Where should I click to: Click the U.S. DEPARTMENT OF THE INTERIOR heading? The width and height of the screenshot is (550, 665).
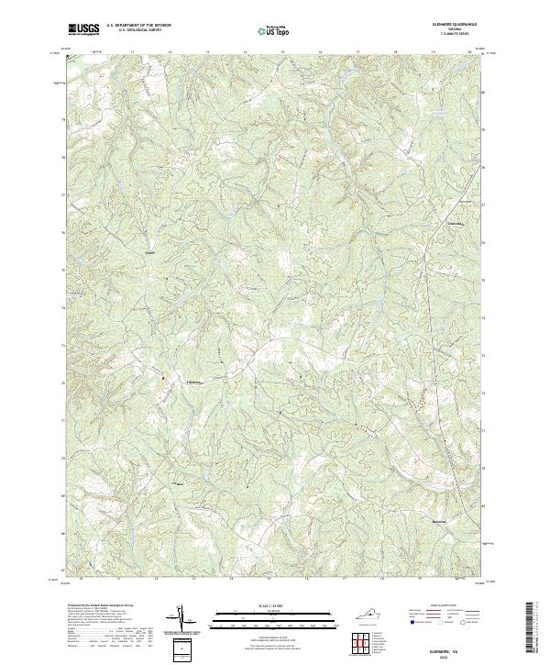(x=138, y=27)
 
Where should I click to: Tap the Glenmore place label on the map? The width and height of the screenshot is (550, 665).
(x=194, y=382)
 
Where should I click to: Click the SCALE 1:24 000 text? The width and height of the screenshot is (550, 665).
(x=274, y=607)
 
